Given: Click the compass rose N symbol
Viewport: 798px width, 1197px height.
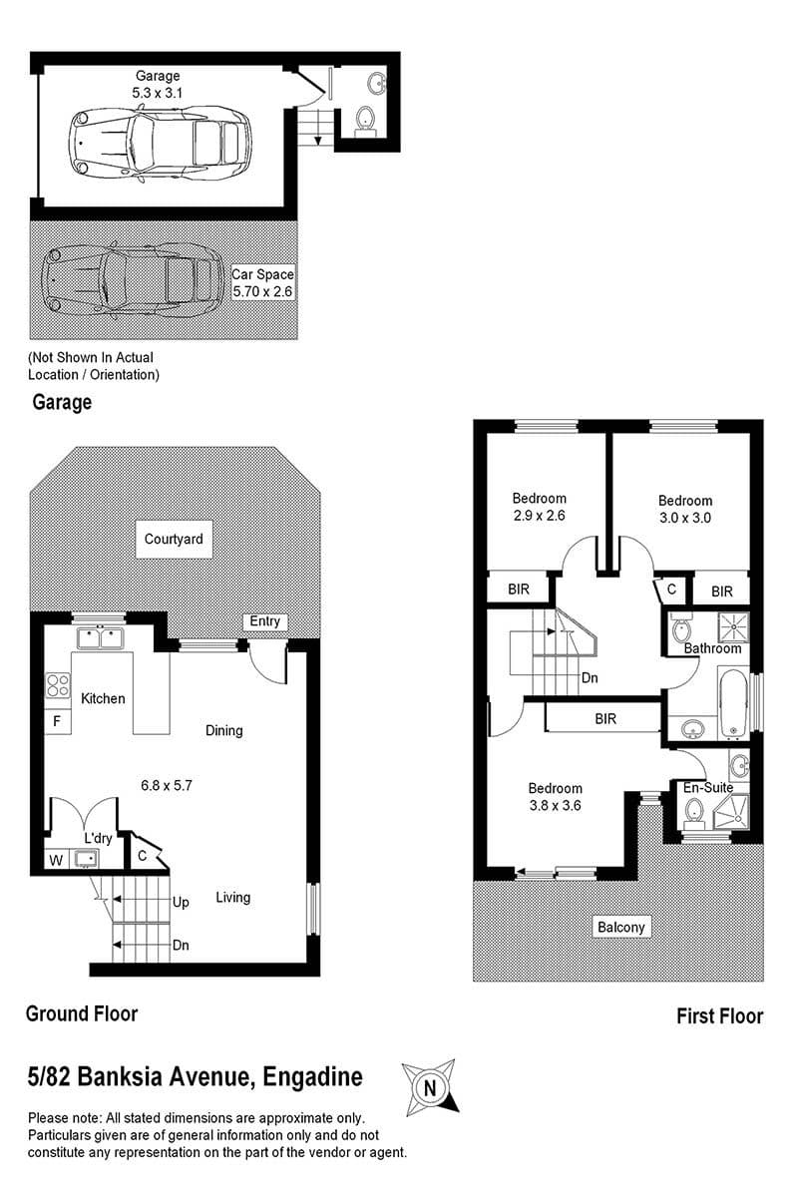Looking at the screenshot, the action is pos(430,1088).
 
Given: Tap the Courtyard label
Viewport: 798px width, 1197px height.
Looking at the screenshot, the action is pos(174,539).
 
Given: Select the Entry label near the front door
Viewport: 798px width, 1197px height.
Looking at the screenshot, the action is pos(264,620).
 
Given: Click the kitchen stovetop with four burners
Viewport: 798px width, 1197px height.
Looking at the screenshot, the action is pos(58,685).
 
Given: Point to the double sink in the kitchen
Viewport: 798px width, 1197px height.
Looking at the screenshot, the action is pos(100,637).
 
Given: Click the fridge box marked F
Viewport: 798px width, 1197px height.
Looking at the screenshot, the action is pos(57,722).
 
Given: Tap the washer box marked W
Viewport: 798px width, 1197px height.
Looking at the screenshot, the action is pos(56,860).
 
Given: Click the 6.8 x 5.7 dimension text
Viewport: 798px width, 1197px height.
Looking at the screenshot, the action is pos(167,786).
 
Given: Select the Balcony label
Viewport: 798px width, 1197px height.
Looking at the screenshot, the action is pos(621,927).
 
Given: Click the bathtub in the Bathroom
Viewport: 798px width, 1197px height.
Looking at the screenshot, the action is pos(733,703).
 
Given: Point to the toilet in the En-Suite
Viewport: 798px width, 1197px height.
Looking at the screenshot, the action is pos(694,813).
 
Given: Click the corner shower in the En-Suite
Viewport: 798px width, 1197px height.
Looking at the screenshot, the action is pos(731,812).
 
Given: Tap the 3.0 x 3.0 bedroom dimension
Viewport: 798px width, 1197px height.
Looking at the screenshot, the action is pos(684,518).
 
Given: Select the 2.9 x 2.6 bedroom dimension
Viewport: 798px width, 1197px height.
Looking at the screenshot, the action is pos(539,516).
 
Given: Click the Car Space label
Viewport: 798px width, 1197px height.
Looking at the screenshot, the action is pos(262,274).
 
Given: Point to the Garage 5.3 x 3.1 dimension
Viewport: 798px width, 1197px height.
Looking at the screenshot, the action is pos(158,93).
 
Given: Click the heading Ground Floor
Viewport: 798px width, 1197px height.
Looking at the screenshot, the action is pos(82,1013).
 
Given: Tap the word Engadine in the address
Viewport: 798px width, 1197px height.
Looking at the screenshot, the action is pos(312,1076).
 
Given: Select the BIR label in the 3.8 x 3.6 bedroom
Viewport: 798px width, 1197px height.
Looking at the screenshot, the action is pos(605,719).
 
